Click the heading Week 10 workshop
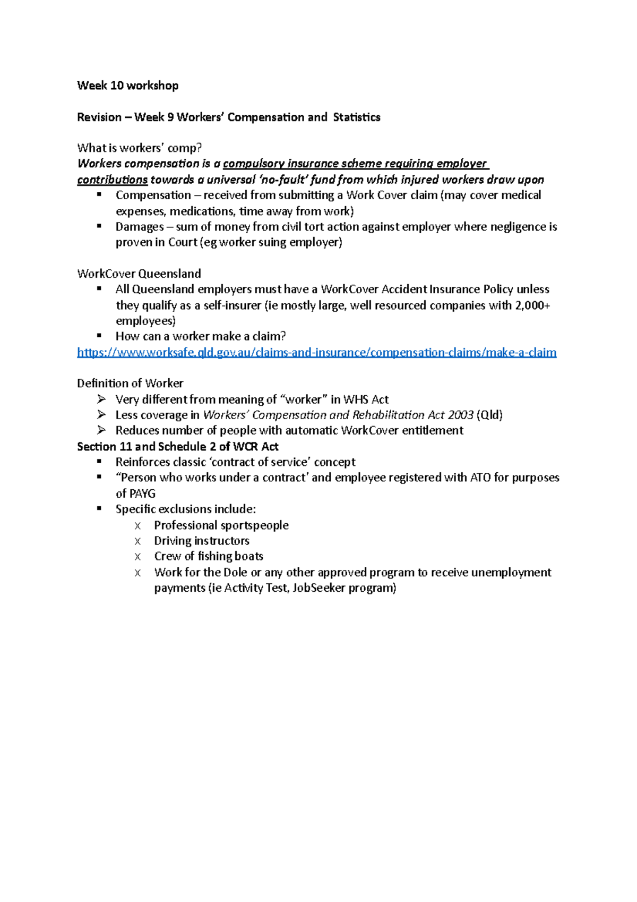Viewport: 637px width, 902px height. click(x=127, y=86)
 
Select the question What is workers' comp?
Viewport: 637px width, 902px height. click(x=140, y=148)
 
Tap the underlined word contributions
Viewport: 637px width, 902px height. click(x=112, y=180)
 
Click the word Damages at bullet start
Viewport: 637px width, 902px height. click(x=140, y=227)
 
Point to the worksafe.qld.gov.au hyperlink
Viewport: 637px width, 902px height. click(x=316, y=352)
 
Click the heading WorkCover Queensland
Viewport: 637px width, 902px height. click(x=139, y=274)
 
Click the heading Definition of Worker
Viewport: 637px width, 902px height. click(x=130, y=384)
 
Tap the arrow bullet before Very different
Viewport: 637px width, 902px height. click(x=101, y=399)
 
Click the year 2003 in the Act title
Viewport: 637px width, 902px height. click(x=460, y=415)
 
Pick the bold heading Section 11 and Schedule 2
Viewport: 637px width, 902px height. click(x=178, y=447)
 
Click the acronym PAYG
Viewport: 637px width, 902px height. click(x=135, y=493)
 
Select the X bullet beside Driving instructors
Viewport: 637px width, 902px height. click(x=137, y=541)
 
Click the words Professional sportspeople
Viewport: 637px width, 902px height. click(x=221, y=525)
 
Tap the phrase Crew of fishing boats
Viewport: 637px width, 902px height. click(x=209, y=556)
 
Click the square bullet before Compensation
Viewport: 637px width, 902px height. click(x=99, y=195)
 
